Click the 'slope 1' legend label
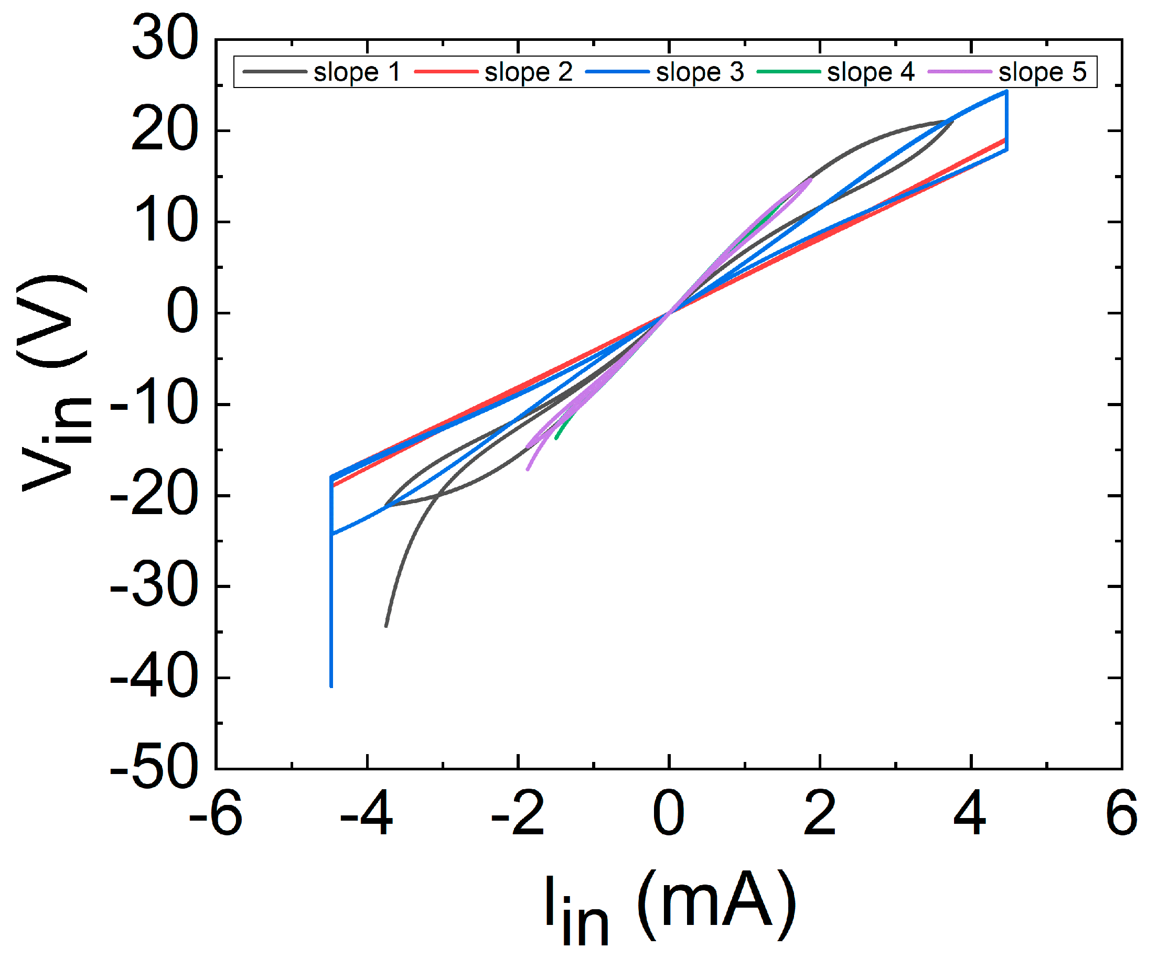pyautogui.click(x=357, y=72)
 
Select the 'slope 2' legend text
pyautogui.click(x=528, y=72)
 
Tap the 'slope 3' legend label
pyautogui.click(x=700, y=72)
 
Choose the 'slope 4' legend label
pyautogui.click(x=871, y=72)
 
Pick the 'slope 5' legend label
pyautogui.click(x=1042, y=72)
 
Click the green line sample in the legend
pyautogui.click(x=789, y=72)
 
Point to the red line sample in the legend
pyautogui.click(x=446, y=72)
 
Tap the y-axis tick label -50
pyautogui.click(x=154, y=768)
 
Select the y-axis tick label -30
pyautogui.click(x=154, y=586)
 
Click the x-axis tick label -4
pyautogui.click(x=366, y=813)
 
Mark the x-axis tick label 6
pyautogui.click(x=1121, y=813)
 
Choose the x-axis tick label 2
pyautogui.click(x=819, y=813)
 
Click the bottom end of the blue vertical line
pyautogui.click(x=331, y=686)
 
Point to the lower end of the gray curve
pyautogui.click(x=386, y=626)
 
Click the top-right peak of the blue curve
pyautogui.click(x=1006, y=92)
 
